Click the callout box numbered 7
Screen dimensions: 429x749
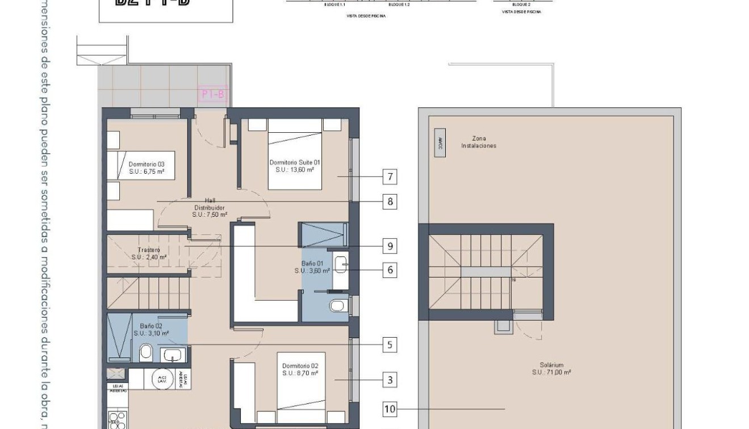[x=390, y=177]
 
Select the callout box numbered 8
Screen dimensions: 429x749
[x=390, y=201]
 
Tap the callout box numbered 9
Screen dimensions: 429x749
[x=390, y=246]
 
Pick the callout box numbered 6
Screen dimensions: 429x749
[x=390, y=270]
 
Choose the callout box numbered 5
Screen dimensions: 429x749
[x=390, y=344]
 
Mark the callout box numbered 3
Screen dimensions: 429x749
[x=390, y=380]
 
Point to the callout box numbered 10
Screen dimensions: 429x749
[x=390, y=409]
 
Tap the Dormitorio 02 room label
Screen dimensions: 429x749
[x=300, y=369]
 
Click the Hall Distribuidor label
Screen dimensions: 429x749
[x=210, y=208]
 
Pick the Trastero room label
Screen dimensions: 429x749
[x=149, y=253]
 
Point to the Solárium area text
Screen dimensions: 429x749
[x=551, y=369]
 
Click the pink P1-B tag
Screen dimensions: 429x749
[x=213, y=94]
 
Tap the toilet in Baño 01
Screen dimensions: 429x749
[x=337, y=306]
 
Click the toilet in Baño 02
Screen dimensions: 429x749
[x=145, y=352]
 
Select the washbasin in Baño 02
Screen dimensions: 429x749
[x=172, y=355]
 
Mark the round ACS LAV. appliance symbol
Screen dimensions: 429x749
[x=162, y=380]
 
